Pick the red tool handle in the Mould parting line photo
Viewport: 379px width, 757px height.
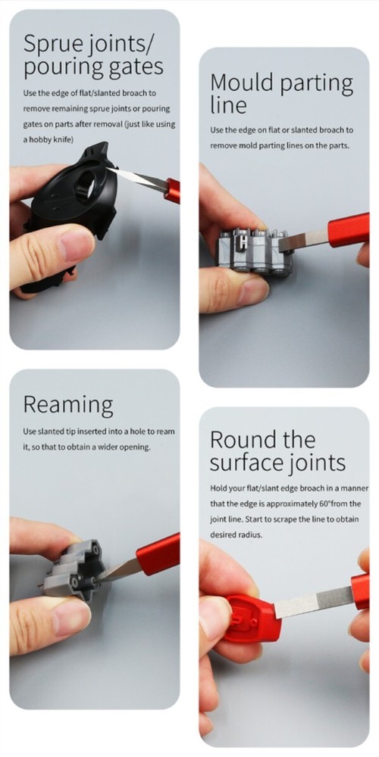pyautogui.click(x=348, y=229)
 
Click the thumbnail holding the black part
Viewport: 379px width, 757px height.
pyautogui.click(x=75, y=244)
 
